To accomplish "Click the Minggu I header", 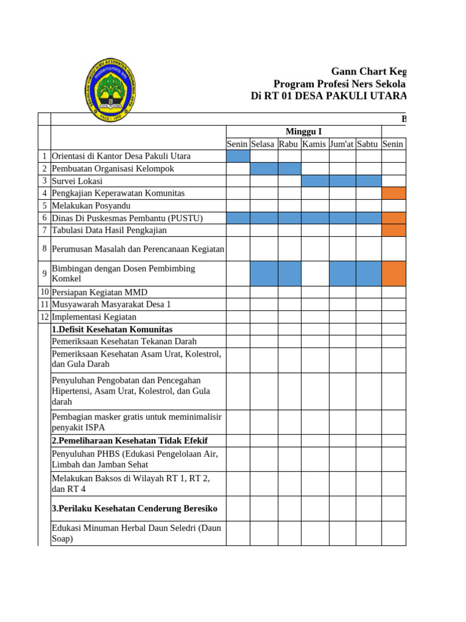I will [303, 131].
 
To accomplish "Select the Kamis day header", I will [314, 144].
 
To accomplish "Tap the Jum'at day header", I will [342, 144].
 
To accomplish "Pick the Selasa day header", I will [263, 144].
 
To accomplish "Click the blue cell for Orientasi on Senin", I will [238, 156].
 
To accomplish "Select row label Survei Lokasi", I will [77, 181].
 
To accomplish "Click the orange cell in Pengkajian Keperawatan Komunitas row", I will [394, 193].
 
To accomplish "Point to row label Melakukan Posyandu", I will [91, 206].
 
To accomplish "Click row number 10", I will [44, 292].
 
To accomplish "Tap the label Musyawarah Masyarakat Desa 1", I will [112, 304].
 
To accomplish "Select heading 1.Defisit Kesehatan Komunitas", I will [112, 329].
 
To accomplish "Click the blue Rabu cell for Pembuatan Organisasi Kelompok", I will [289, 168].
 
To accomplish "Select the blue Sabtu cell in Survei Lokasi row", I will [368, 181].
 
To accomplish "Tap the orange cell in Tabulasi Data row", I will [394, 230].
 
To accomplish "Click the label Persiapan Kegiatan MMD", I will [100, 292].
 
